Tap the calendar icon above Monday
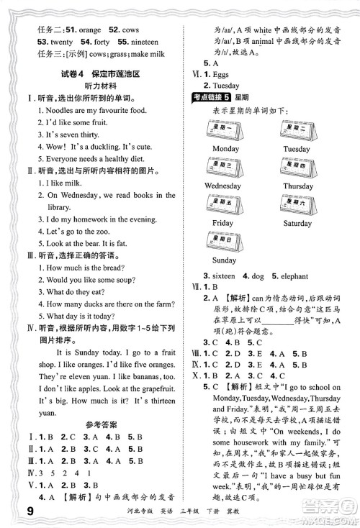click(x=225, y=129)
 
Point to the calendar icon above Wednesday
click(x=225, y=168)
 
